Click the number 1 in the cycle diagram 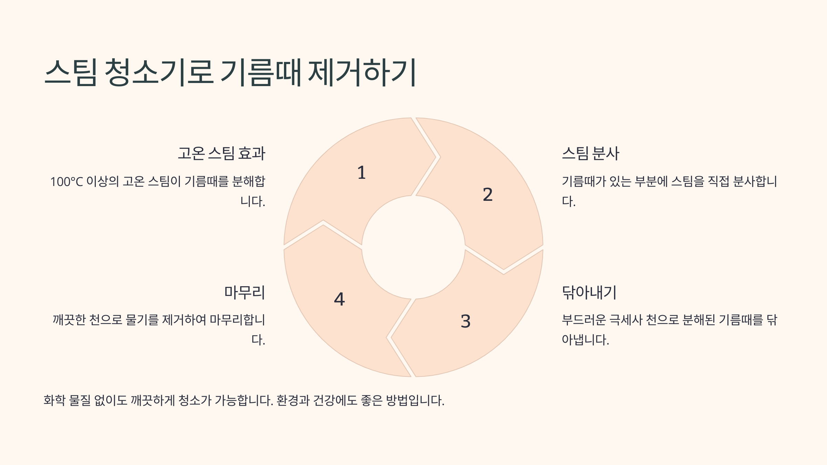click(x=361, y=173)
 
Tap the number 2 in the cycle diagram click(x=488, y=195)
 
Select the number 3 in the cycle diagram click(x=466, y=321)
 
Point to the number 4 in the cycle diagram click(x=339, y=299)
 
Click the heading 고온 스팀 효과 click(x=221, y=153)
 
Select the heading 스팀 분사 click(x=591, y=153)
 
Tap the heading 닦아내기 click(x=589, y=292)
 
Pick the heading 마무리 click(x=244, y=292)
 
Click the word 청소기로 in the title click(x=159, y=72)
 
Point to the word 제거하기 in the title click(x=362, y=72)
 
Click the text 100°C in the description click(x=67, y=182)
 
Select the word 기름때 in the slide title click(x=261, y=72)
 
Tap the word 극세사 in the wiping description click(x=626, y=320)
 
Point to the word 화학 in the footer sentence click(x=54, y=400)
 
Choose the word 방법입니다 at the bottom click(x=415, y=400)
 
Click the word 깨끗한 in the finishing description click(x=69, y=320)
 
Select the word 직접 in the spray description click(x=718, y=182)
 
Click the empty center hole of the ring click(x=413, y=247)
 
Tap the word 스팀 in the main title click(x=71, y=72)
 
